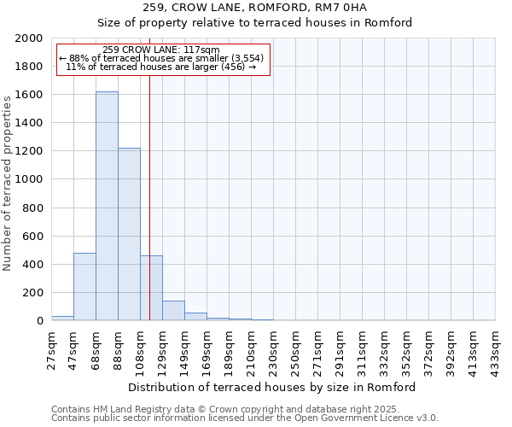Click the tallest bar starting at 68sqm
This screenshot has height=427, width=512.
point(107,206)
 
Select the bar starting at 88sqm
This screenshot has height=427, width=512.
point(129,234)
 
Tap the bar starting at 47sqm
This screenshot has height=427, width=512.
point(84,287)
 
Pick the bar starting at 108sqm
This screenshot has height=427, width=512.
point(151,288)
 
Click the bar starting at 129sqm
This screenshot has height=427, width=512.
point(173,311)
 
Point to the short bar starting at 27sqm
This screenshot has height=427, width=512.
point(62,318)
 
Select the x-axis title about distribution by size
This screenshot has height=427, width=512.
point(272,387)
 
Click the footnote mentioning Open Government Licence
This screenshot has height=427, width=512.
point(245,418)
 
